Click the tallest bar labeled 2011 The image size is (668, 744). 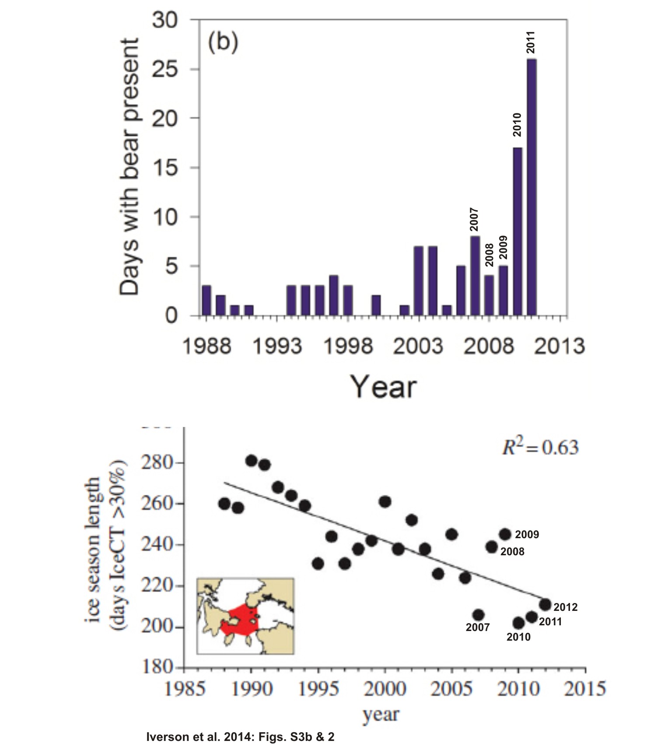pos(532,187)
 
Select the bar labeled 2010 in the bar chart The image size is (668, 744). pos(518,231)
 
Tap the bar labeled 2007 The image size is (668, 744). pos(475,275)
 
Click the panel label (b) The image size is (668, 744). pos(223,42)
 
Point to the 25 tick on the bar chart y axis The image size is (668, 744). pos(165,70)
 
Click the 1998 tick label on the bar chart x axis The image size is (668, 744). pos(348,346)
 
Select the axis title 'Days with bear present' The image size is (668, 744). pos(129,167)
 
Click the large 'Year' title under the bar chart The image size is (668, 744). pos(384,387)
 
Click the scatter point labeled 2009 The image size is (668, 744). pos(505,534)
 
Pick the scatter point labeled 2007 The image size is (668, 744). pos(478,615)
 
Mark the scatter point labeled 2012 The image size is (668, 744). pos(545,605)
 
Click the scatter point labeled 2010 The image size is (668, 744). pos(518,623)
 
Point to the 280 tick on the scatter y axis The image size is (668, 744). pos(156,462)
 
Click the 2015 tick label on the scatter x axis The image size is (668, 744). pos(585,689)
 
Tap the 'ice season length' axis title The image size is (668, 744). pos(94,550)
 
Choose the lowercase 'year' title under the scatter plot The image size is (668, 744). pos(381,715)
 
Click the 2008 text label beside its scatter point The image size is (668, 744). pos(512,551)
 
